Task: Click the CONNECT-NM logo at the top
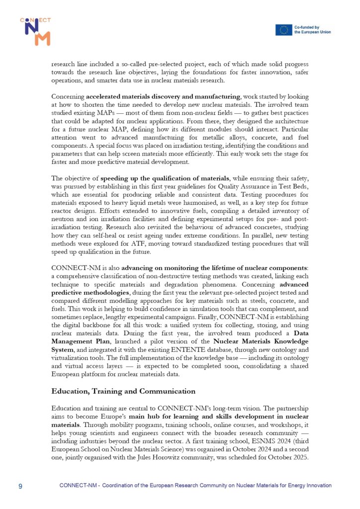coord(35,31)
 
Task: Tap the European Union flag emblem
coord(284,30)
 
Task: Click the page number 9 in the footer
coord(20,485)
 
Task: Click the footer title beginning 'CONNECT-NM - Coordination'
coord(195,485)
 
